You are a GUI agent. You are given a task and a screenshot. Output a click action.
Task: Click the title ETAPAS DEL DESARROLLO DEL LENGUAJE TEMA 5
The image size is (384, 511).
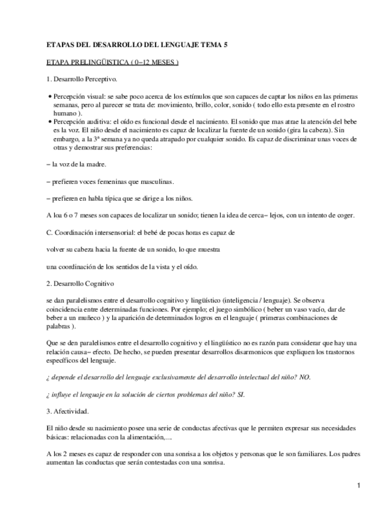[137, 45]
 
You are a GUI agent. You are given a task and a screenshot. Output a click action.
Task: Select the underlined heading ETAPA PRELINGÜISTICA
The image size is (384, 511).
[112, 62]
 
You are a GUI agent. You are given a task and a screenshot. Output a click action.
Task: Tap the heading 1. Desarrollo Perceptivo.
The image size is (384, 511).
[82, 79]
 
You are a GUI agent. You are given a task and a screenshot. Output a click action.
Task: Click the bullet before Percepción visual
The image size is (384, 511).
[49, 96]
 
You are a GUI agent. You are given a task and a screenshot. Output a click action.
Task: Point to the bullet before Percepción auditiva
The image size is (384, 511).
[49, 121]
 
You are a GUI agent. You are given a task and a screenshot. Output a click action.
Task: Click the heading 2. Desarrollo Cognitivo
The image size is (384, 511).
[80, 283]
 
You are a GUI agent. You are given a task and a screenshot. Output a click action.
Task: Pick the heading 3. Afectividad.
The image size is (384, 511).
[68, 411]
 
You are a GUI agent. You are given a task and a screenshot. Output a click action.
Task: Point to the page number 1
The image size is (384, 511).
[357, 485]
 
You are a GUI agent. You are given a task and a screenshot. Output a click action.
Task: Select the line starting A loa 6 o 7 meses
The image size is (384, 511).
[201, 215]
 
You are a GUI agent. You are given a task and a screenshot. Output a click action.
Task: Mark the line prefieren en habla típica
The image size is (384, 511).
[120, 198]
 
